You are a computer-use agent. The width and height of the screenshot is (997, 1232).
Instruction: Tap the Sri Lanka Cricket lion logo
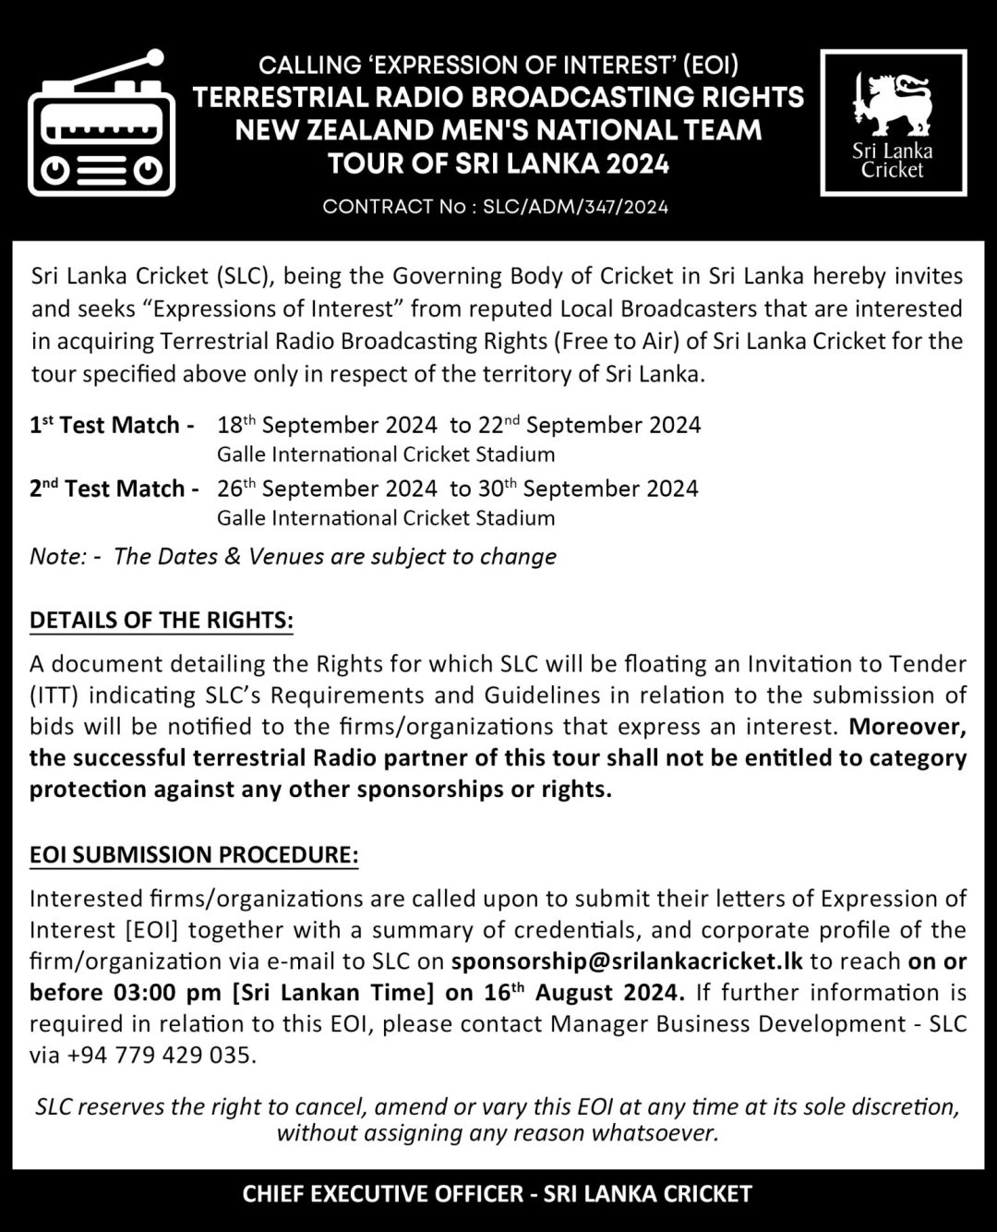892,103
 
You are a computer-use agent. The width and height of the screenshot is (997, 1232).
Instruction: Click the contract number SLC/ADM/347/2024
575,206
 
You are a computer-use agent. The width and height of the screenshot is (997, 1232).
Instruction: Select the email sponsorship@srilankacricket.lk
627,961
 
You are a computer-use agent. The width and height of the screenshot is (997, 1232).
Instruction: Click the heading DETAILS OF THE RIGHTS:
162,621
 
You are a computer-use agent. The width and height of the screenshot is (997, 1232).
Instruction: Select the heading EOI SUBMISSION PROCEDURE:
194,855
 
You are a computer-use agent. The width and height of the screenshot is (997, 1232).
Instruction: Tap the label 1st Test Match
112,426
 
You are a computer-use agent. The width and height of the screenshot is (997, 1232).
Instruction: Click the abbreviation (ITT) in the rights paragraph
53,695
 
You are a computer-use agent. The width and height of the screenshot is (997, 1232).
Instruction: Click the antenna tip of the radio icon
155,57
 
